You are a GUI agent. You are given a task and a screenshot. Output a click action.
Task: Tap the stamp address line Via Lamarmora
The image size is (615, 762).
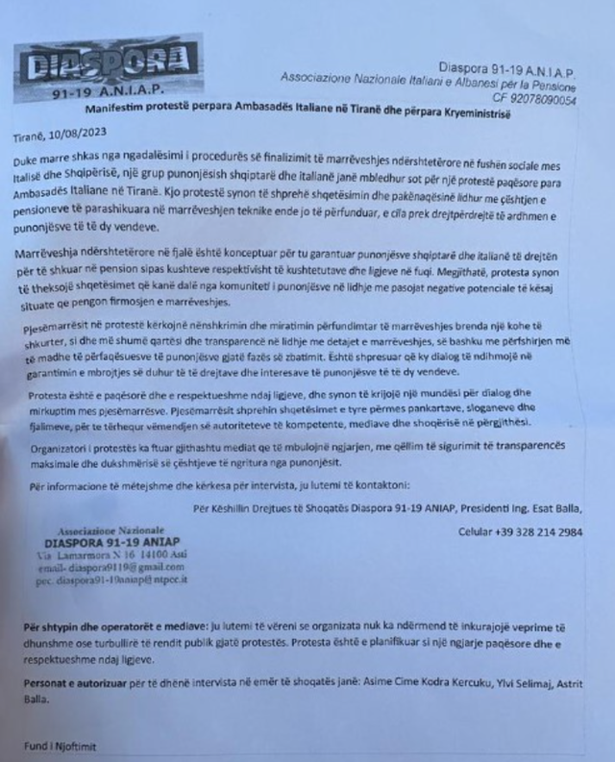(x=108, y=556)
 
